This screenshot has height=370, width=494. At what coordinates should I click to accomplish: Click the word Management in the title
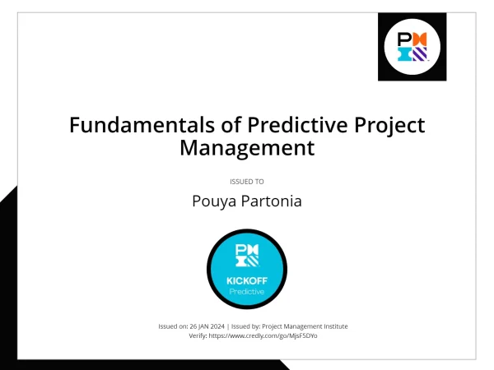(x=247, y=149)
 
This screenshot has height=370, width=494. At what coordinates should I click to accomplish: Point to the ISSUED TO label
(x=247, y=181)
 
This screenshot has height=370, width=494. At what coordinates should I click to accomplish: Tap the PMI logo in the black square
(x=412, y=47)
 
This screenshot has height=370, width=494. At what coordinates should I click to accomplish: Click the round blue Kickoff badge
(x=247, y=268)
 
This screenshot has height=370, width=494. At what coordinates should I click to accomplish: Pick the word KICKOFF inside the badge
(x=247, y=281)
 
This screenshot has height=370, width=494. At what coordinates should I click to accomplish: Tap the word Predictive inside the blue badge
(x=247, y=291)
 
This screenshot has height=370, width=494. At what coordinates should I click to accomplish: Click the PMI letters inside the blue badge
(x=247, y=255)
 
